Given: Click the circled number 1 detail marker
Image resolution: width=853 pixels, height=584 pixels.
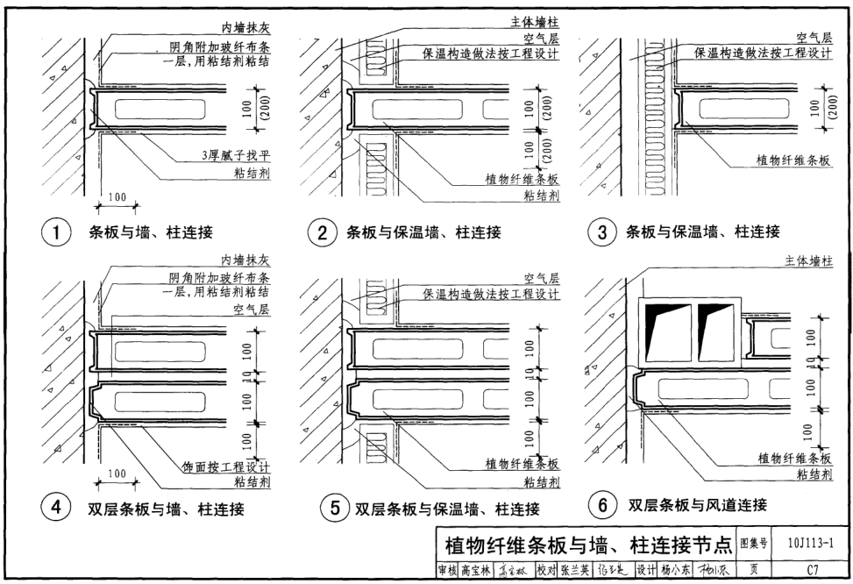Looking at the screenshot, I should pos(57,233).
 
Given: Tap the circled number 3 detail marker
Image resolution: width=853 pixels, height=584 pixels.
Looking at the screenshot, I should pos(602,232).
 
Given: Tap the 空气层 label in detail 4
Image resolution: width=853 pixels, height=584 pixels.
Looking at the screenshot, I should pos(251,310).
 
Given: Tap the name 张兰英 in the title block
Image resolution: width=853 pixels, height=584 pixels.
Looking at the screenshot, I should pos(576,569).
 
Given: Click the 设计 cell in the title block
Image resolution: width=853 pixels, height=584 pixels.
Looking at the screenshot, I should pos(646,569).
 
